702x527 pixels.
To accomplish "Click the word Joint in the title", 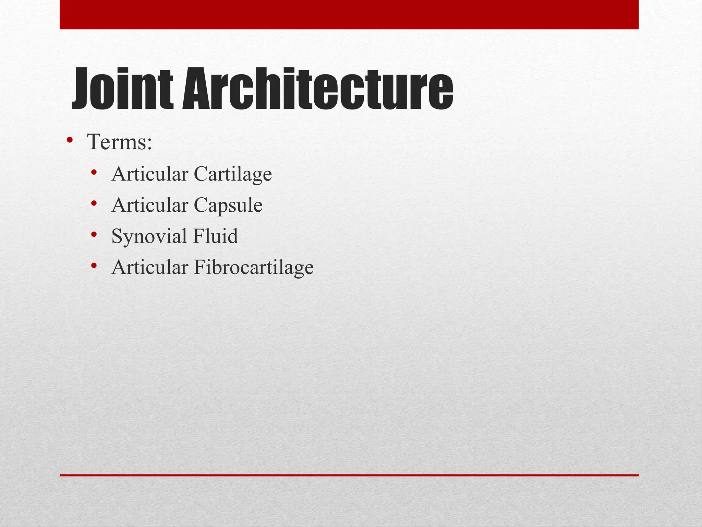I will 122,89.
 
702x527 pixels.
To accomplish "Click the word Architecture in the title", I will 317,89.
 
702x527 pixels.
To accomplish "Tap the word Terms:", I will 120,142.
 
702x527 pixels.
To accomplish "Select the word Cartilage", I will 233,174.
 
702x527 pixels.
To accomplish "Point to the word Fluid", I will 216,236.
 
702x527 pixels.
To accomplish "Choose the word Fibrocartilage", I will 254,267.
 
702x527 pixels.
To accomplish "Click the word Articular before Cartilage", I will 150,174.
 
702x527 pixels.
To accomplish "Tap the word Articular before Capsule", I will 150,205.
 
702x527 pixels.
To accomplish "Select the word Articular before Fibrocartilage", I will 150,267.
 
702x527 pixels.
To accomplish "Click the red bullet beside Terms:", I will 70,140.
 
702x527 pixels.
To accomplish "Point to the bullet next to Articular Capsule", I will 94,203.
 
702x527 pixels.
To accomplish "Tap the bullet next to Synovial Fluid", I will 94,235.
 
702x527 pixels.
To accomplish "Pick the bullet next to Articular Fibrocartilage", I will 94,266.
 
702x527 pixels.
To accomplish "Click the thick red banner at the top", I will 349,14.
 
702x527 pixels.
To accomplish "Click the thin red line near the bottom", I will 349,475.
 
